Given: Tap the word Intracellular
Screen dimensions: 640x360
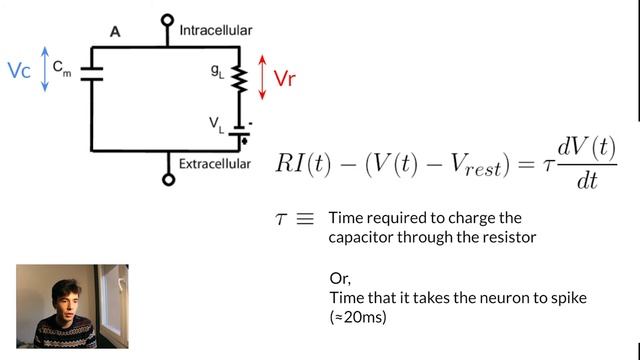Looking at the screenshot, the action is tap(216, 31).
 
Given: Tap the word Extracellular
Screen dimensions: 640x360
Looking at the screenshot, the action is tap(215, 164).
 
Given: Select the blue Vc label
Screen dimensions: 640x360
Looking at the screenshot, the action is tap(19, 70).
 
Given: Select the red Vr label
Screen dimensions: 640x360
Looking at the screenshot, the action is tap(284, 78).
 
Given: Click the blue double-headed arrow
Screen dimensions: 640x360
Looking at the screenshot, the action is tap(45, 69).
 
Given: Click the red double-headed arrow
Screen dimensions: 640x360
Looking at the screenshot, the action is tap(262, 77).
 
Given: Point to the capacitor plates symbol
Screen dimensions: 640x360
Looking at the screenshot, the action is tap(92, 74).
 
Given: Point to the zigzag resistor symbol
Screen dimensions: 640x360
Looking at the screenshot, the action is tap(239, 79).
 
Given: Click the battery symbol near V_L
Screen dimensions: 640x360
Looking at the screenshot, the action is tap(240, 131).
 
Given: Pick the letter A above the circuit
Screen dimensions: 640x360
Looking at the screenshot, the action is tap(115, 32).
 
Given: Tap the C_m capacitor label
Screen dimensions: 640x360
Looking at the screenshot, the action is tap(62, 68).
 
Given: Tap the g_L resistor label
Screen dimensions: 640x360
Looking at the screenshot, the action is tap(217, 71).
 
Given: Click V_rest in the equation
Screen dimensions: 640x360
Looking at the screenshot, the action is tap(476, 166).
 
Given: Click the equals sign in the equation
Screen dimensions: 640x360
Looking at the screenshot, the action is tap(526, 164).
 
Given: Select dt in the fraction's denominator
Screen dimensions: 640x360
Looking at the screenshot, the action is tap(587, 180).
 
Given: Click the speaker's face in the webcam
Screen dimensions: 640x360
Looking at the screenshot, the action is tap(67, 301).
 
